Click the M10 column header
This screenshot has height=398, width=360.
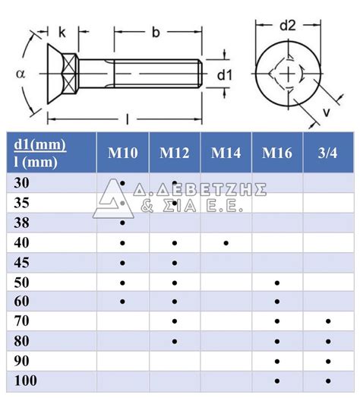coord(123,153)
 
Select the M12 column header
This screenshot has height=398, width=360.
coord(175,153)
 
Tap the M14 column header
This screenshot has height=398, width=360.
coord(226,153)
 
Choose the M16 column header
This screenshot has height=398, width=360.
coord(277,153)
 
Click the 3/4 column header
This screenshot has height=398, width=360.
coord(328,153)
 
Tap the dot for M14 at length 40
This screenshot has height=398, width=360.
coord(226,242)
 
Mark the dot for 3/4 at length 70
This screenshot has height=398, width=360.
coord(328,321)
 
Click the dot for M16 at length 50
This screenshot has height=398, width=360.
coord(277,282)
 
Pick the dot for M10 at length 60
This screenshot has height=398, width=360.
coord(123,302)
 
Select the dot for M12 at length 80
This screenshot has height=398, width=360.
coord(175,341)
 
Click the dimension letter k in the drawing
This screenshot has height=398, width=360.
coord(62,33)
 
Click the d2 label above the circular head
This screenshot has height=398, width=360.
coord(288,24)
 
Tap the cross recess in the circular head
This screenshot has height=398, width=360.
coord(288,74)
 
